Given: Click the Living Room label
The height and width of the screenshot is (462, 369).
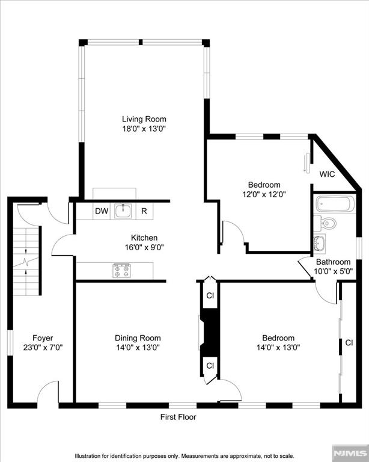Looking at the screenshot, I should (x=144, y=119).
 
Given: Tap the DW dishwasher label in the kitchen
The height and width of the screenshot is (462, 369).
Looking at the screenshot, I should (x=101, y=211).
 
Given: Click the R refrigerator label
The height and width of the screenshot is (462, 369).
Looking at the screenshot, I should (x=144, y=211).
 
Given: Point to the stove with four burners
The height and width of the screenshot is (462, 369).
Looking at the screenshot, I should (x=121, y=270).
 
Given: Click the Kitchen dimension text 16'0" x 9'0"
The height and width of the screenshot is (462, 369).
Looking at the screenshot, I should (x=144, y=247).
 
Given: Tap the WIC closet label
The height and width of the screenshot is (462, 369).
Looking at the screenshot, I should (x=327, y=174).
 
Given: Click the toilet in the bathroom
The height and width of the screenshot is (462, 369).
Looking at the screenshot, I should (x=328, y=224).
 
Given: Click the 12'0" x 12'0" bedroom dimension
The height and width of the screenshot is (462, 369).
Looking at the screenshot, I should (x=264, y=194).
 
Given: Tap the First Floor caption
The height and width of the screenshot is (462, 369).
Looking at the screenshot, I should (x=178, y=417).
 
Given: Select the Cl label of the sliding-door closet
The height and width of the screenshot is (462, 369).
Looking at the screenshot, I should (x=349, y=343).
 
